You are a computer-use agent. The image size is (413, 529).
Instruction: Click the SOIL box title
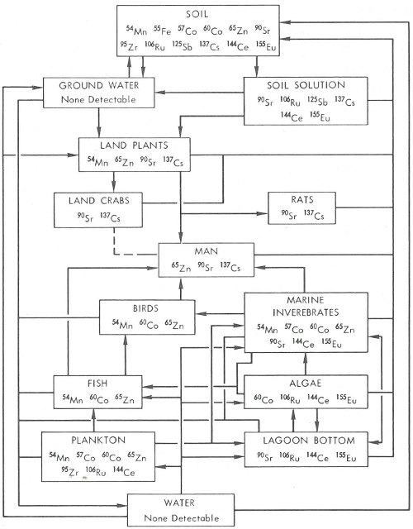(x=197, y=14)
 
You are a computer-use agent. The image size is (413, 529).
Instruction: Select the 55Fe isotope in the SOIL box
(x=163, y=31)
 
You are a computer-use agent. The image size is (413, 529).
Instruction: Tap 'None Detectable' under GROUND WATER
(x=98, y=99)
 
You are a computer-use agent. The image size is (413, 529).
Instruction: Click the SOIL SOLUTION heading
(x=306, y=85)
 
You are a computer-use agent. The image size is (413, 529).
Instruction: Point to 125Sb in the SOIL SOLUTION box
(x=317, y=101)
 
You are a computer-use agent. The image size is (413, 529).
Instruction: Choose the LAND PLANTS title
(x=134, y=145)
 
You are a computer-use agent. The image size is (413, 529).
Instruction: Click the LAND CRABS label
(x=99, y=201)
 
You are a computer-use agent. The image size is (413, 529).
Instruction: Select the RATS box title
(x=302, y=200)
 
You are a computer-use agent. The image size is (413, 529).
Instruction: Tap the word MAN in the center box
(x=206, y=251)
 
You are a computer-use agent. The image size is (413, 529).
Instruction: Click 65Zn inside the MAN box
(x=181, y=267)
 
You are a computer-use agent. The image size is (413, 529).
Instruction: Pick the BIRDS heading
(x=145, y=308)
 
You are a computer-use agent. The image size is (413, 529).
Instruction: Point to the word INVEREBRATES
(x=306, y=312)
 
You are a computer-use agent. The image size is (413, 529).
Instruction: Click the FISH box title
(x=97, y=384)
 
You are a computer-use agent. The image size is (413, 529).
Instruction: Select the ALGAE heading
(x=306, y=384)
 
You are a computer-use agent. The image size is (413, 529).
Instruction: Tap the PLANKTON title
(x=98, y=441)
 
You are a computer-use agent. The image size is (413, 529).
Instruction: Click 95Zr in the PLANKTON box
(x=69, y=471)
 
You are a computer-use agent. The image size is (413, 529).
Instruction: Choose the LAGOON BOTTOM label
(x=309, y=441)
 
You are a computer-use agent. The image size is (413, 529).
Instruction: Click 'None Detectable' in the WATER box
(x=182, y=518)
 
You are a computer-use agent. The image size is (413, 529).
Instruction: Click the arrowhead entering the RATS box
(x=263, y=213)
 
